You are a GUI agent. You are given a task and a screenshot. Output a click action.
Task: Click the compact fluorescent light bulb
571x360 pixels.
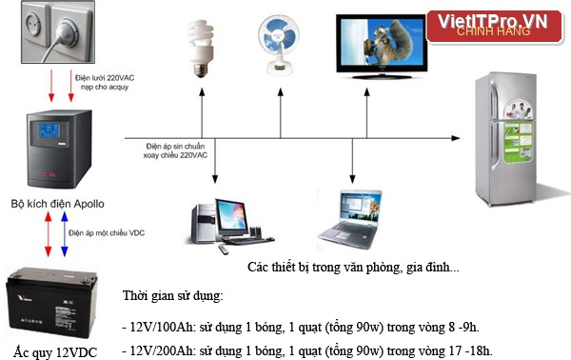click(200, 49)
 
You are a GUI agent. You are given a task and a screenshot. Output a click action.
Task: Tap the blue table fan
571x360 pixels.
click(279, 45)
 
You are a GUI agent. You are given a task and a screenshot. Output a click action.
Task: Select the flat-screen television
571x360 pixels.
click(382, 47)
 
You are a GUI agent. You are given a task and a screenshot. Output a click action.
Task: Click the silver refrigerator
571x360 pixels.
click(505, 139)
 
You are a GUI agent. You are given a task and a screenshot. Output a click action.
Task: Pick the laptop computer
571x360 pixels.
click(350, 220)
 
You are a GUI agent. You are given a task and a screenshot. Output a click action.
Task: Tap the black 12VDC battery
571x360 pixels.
click(51, 303)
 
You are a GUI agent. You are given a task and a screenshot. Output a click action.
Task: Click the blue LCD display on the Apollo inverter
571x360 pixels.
click(49, 130)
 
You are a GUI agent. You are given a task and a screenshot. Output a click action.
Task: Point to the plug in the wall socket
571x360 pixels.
click(67, 31)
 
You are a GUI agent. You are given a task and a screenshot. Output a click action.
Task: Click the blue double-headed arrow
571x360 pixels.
click(65, 234)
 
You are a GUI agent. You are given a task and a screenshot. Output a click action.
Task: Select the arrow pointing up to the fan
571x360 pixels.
click(281, 113)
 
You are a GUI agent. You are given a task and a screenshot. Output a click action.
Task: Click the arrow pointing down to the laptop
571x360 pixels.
click(352, 161)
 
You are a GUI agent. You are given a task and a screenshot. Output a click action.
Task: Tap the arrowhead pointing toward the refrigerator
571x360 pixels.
click(456, 138)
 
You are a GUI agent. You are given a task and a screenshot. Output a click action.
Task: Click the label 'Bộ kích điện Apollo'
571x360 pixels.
click(57, 204)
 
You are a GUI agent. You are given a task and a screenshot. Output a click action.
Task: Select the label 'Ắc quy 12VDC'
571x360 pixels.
click(55, 352)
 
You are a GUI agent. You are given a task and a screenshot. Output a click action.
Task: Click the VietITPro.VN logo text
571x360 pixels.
click(492, 21)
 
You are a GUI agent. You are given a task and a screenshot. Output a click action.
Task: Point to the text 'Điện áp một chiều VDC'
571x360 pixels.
click(107, 233)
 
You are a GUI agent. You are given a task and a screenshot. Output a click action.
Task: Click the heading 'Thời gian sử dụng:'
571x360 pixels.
click(173, 295)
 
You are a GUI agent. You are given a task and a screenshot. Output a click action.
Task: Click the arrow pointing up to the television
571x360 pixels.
click(366, 113)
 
